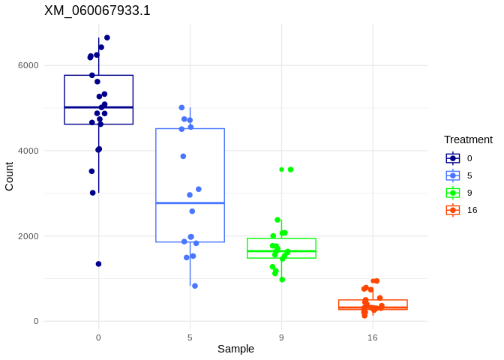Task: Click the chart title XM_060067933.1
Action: click(97, 10)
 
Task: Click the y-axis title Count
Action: click(9, 176)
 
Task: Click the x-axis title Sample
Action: click(235, 349)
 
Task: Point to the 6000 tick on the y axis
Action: click(28, 65)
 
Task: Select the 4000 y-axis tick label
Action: click(28, 151)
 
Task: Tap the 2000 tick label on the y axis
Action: click(28, 236)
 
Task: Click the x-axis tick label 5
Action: click(190, 337)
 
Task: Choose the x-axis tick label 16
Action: click(373, 337)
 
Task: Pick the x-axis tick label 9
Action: click(281, 337)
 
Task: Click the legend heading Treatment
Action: click(468, 139)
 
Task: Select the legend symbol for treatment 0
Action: click(453, 158)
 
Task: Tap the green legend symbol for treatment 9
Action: click(453, 193)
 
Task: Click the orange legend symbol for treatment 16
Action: click(453, 210)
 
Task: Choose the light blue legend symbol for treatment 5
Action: click(453, 175)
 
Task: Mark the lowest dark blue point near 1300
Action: click(98, 264)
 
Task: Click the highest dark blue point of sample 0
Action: click(107, 37)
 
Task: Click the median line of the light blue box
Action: click(190, 203)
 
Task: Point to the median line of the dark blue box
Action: click(98, 107)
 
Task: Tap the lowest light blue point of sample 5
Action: click(195, 286)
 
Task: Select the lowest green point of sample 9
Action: click(282, 280)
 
